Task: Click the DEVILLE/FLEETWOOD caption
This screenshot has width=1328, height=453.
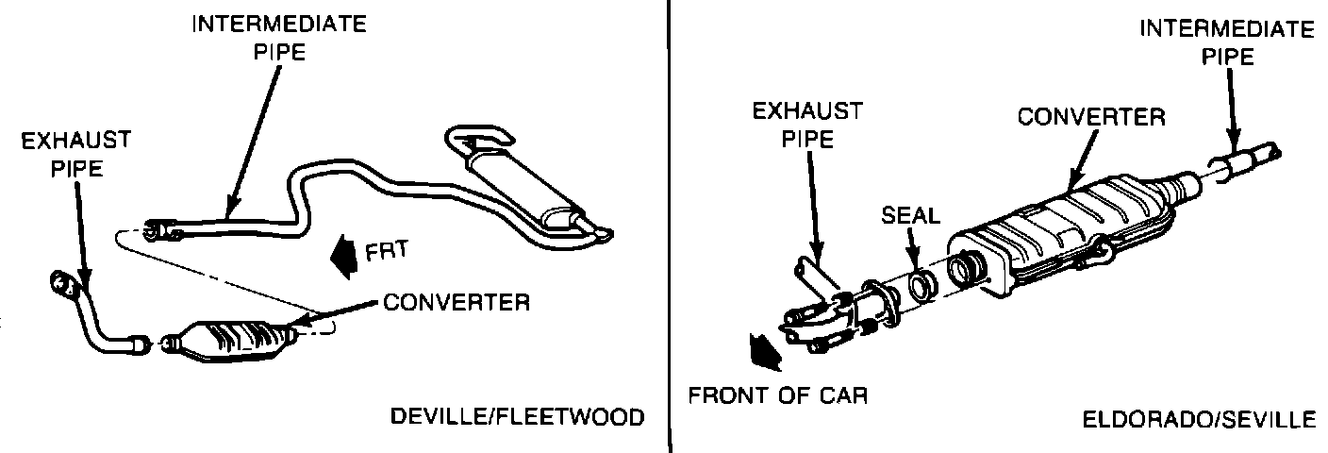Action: click(x=517, y=416)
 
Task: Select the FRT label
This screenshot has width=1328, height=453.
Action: click(x=385, y=252)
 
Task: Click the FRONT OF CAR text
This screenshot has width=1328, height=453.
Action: click(x=777, y=394)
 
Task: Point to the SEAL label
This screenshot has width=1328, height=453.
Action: click(x=910, y=215)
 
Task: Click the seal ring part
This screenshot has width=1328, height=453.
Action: click(x=921, y=286)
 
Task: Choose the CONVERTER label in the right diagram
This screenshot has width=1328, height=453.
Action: click(x=1090, y=118)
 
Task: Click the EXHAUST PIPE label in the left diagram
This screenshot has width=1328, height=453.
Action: click(x=75, y=155)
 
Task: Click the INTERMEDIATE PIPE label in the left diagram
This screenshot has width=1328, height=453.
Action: click(x=278, y=38)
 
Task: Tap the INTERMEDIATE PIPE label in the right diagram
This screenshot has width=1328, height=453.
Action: click(x=1226, y=42)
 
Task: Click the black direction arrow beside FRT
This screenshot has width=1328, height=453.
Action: click(x=341, y=254)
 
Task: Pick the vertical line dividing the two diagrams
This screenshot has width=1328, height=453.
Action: click(x=668, y=226)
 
